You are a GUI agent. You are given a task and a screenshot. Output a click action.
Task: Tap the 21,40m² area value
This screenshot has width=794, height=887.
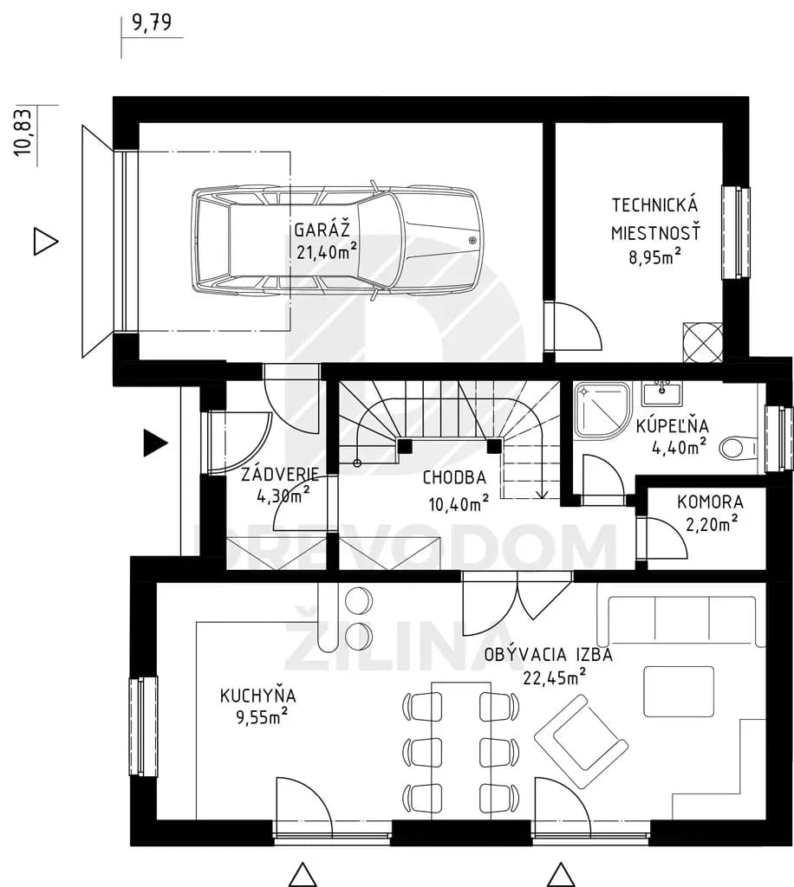(x=327, y=250)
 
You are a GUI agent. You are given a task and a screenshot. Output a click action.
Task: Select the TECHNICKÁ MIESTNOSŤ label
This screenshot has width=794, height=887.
(x=656, y=218)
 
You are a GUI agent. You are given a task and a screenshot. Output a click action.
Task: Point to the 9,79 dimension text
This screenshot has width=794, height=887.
(x=152, y=22)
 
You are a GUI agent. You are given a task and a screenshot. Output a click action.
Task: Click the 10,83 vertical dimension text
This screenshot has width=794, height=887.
(x=25, y=132)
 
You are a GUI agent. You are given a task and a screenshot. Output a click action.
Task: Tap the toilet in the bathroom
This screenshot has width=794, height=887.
(x=738, y=449)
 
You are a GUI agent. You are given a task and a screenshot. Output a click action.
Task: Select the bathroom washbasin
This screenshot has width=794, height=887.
(x=661, y=393)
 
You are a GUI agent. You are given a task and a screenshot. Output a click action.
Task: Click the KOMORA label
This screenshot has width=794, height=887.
(x=710, y=502)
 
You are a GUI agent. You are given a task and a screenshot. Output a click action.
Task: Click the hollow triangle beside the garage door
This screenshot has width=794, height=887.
(x=46, y=242)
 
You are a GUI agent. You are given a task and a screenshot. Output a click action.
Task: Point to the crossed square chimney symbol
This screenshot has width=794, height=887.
(x=703, y=342)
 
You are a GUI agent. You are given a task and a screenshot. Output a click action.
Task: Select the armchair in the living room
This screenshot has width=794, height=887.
(x=582, y=741)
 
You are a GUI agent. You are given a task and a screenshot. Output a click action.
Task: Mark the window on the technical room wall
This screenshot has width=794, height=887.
(x=735, y=232)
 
